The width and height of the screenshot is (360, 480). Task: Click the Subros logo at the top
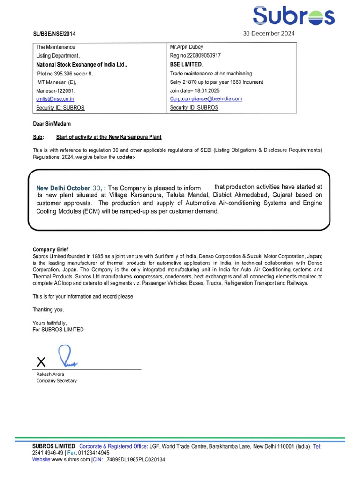[293, 16]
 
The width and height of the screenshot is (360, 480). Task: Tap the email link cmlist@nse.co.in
[55, 99]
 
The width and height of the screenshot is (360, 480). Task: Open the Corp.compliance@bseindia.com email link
[206, 99]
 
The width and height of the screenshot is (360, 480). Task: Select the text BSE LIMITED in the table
[186, 64]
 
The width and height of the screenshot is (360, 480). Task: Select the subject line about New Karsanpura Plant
[108, 137]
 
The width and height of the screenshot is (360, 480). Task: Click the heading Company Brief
[51, 249]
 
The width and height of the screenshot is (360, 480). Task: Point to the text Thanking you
[48, 309]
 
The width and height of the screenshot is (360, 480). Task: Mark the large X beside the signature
[41, 361]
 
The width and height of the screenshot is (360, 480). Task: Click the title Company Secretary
[57, 381]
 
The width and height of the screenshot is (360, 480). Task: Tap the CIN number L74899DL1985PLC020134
[135, 460]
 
